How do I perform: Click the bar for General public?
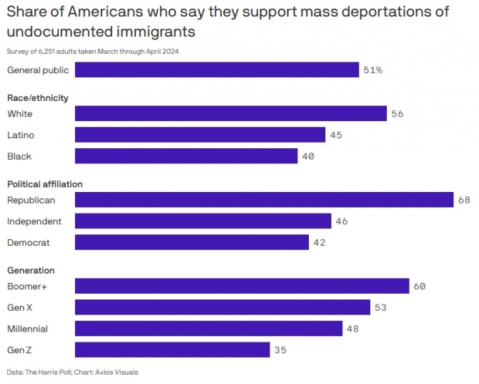(217, 70)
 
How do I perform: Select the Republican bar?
(264, 200)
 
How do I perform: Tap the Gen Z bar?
(172, 350)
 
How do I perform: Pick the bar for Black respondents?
(186, 156)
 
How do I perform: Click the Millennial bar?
(209, 329)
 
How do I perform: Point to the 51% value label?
(373, 70)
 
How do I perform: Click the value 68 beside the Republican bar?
(465, 200)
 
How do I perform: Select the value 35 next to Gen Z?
(281, 350)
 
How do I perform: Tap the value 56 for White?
(397, 113)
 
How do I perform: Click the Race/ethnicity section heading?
(38, 98)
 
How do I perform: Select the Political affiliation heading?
(45, 184)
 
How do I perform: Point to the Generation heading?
(31, 270)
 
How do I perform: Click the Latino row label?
(21, 135)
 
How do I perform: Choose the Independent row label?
(34, 221)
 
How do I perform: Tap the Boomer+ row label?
(27, 286)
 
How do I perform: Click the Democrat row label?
(29, 243)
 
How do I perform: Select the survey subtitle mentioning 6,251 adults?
(92, 51)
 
